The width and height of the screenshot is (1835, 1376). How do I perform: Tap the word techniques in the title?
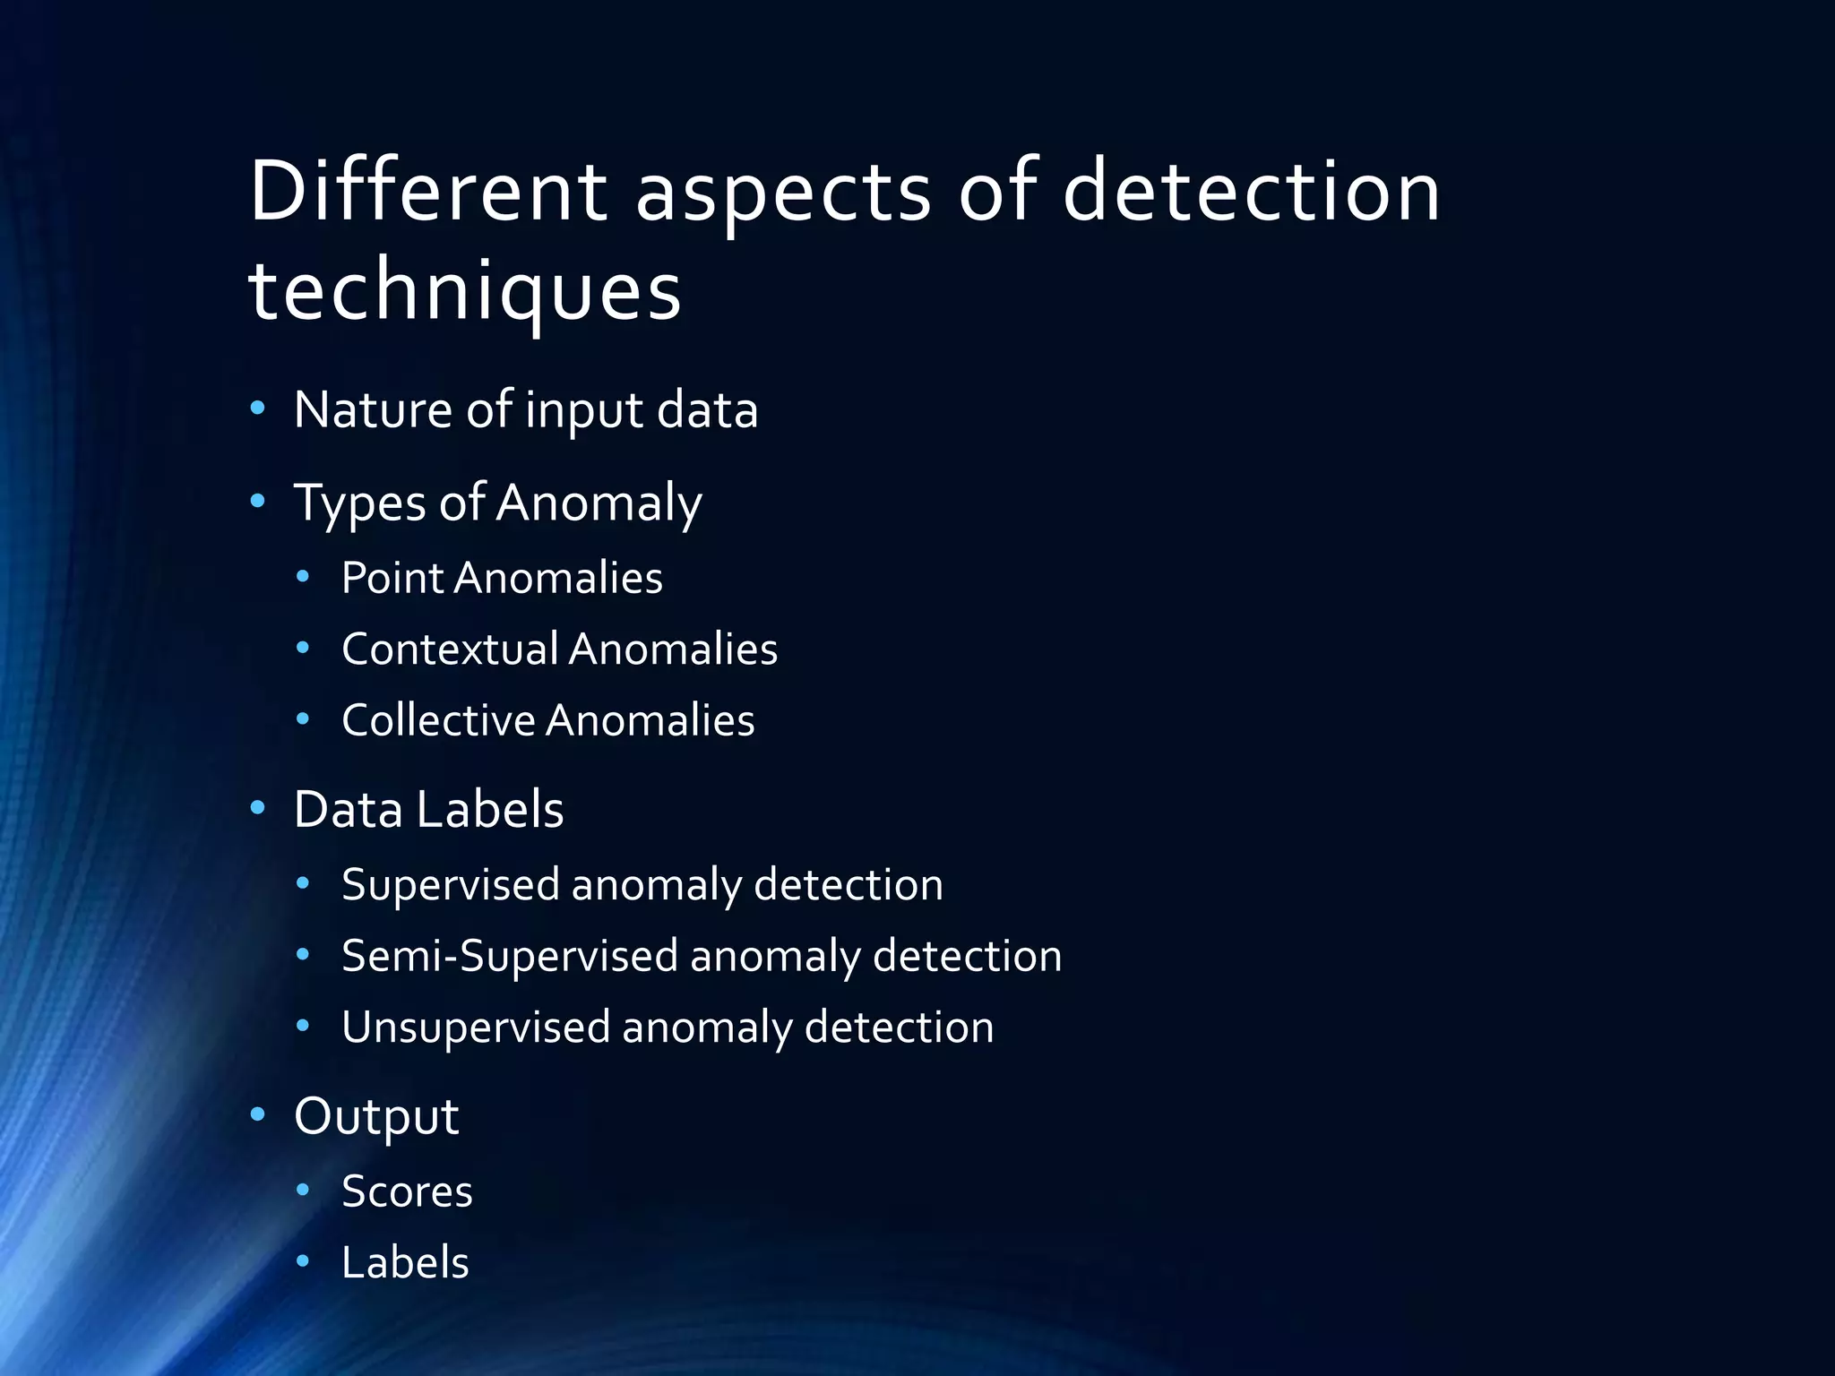point(464,291)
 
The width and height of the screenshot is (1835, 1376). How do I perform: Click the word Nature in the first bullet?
point(373,410)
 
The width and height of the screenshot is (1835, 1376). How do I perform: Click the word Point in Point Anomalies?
point(392,578)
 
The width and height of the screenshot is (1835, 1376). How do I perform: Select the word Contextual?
point(449,649)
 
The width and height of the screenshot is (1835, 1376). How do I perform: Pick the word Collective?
point(438,720)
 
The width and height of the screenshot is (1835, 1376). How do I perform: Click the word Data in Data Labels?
point(348,810)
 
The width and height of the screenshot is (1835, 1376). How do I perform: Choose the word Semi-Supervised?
point(510,956)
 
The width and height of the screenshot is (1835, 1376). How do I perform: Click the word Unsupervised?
point(476,1028)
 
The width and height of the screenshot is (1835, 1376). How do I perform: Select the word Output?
point(376,1117)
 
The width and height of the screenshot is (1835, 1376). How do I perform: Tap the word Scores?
point(407,1191)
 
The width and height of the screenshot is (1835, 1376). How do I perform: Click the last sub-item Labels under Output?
point(405,1263)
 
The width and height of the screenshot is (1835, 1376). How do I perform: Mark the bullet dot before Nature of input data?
point(258,409)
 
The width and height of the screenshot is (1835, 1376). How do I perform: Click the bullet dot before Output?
point(258,1114)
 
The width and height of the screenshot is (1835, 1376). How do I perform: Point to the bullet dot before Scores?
point(303,1190)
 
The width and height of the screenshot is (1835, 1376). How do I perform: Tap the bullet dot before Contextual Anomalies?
point(303,647)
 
